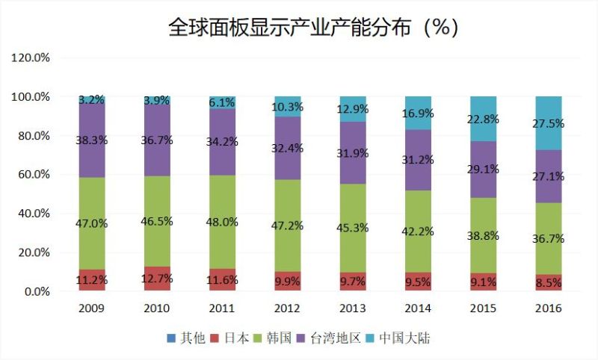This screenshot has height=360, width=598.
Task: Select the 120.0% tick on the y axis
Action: [31, 58]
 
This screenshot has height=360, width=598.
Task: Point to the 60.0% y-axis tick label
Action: [31, 174]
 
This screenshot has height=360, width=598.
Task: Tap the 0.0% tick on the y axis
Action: [34, 291]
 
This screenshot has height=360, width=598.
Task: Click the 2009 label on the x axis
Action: [92, 308]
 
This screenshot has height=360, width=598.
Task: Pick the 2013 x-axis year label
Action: [353, 308]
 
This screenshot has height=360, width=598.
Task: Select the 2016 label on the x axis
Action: [548, 308]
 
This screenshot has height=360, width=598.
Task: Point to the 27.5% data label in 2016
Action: [548, 124]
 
